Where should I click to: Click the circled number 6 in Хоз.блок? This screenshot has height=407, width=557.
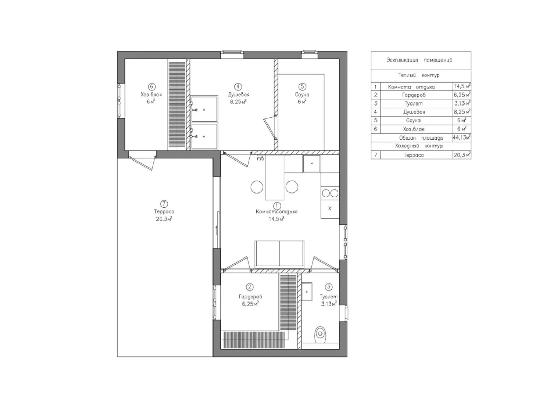[x=152, y=87]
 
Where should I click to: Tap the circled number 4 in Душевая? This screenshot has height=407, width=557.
[x=238, y=87]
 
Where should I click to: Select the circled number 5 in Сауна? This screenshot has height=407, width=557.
[x=302, y=87]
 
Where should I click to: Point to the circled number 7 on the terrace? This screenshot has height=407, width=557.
[x=164, y=204]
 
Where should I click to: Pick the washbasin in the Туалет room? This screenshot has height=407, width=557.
[x=307, y=291]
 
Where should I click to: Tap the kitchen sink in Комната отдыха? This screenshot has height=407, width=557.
[x=312, y=163]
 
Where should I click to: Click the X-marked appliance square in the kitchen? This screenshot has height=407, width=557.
[x=330, y=208]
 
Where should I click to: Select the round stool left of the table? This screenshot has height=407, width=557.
[x=257, y=187]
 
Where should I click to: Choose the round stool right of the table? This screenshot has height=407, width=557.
[x=292, y=187]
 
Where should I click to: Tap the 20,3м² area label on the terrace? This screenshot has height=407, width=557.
[x=164, y=219]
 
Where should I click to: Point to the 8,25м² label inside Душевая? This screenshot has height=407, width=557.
[x=238, y=102]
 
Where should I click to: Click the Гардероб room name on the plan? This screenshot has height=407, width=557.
[x=250, y=297]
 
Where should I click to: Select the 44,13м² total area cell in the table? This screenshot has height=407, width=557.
[x=462, y=137]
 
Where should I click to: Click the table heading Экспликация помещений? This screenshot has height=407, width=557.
[x=419, y=60]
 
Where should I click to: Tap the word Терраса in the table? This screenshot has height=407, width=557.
[x=414, y=155]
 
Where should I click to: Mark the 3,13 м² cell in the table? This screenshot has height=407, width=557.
[x=462, y=103]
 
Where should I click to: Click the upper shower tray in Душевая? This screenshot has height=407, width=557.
[x=204, y=109]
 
